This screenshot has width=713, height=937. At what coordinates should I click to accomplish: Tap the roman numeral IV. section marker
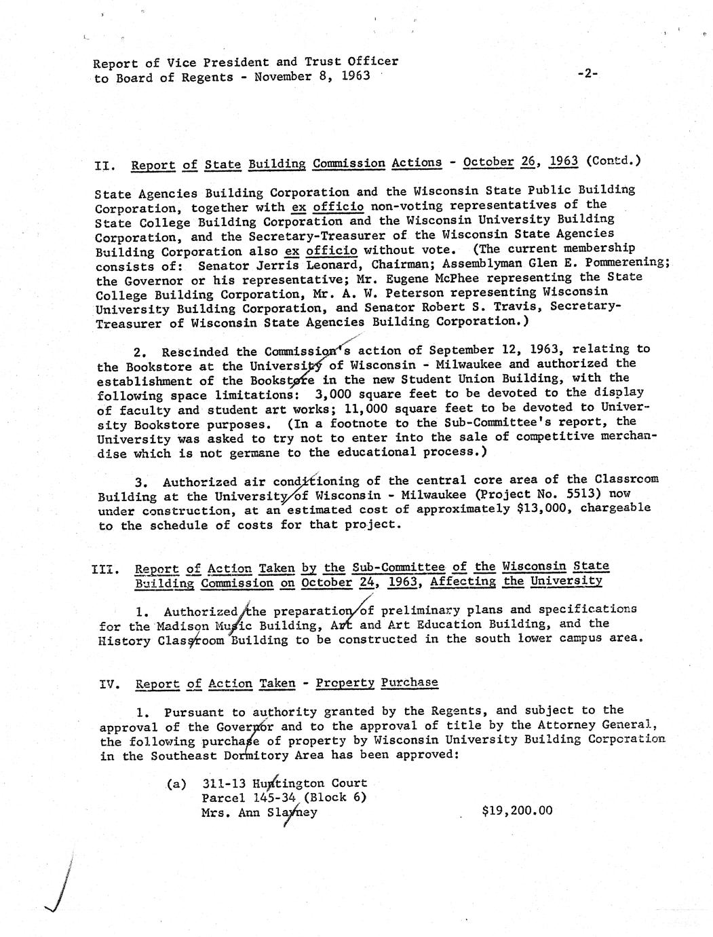point(110,684)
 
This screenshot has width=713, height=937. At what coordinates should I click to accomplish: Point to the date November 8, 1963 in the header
point(312,76)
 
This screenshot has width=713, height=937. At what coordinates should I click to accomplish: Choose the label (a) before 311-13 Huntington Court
point(176,784)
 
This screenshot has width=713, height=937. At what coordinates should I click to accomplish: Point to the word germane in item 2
point(263,453)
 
